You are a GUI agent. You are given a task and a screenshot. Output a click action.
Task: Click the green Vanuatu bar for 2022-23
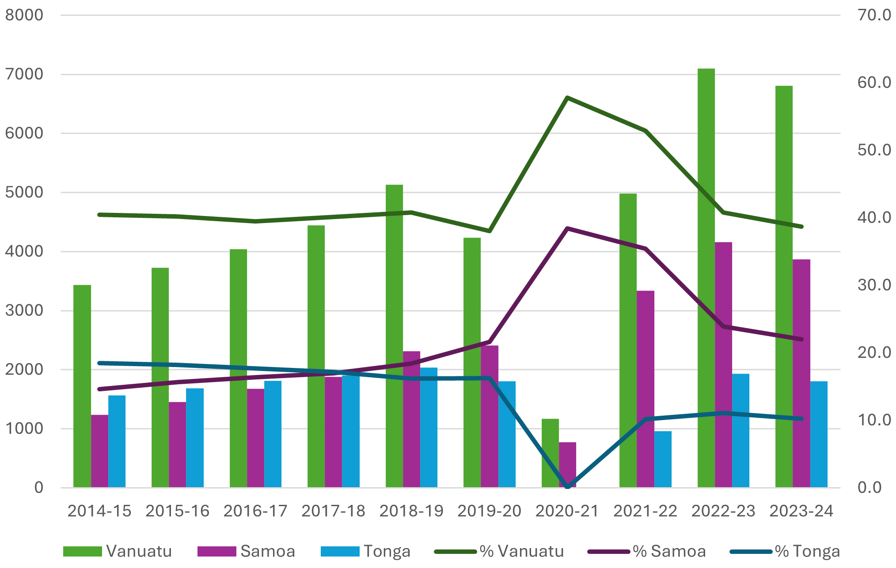(706, 278)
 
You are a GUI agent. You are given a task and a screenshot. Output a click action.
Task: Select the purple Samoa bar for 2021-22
(645, 389)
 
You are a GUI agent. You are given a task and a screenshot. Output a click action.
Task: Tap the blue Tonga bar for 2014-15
(117, 442)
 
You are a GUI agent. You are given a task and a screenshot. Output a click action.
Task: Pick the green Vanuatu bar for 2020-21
(550, 453)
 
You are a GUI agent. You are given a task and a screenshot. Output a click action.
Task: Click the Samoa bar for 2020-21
(567, 464)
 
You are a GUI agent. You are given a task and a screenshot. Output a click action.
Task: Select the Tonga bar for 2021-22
(663, 459)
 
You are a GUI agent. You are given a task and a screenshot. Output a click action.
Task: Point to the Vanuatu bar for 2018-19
(394, 336)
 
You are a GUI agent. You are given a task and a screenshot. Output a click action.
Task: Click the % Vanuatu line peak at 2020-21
(567, 98)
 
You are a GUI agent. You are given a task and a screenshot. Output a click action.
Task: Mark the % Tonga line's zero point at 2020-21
(568, 487)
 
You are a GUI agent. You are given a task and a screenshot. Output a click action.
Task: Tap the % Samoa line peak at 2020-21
(567, 228)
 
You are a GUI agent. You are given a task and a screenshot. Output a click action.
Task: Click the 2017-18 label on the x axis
(333, 511)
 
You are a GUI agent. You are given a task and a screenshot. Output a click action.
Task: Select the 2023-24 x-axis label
(801, 511)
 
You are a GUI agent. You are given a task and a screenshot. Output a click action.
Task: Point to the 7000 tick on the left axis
(24, 74)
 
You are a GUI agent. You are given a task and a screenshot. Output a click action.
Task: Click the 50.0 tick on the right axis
(874, 150)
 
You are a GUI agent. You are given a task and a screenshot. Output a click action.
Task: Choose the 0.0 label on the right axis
(869, 488)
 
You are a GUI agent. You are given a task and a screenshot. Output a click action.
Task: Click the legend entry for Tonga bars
(366, 551)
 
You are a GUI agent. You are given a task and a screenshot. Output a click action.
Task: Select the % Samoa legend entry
(647, 551)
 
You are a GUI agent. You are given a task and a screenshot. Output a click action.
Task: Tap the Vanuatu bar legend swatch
(83, 551)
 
